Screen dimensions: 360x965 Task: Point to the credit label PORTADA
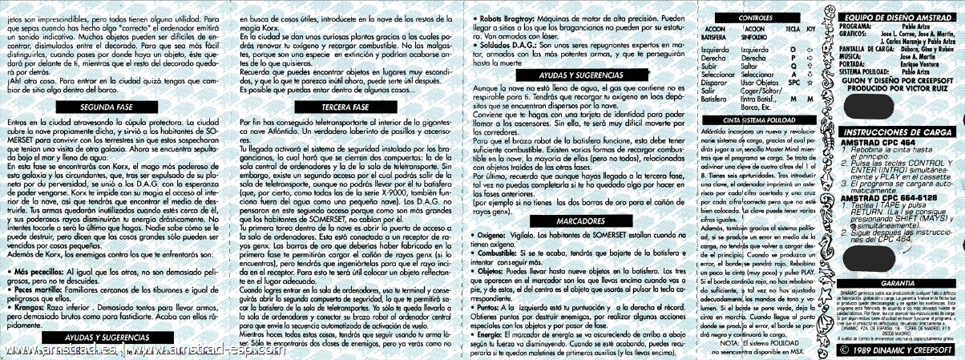tap(854, 64)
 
